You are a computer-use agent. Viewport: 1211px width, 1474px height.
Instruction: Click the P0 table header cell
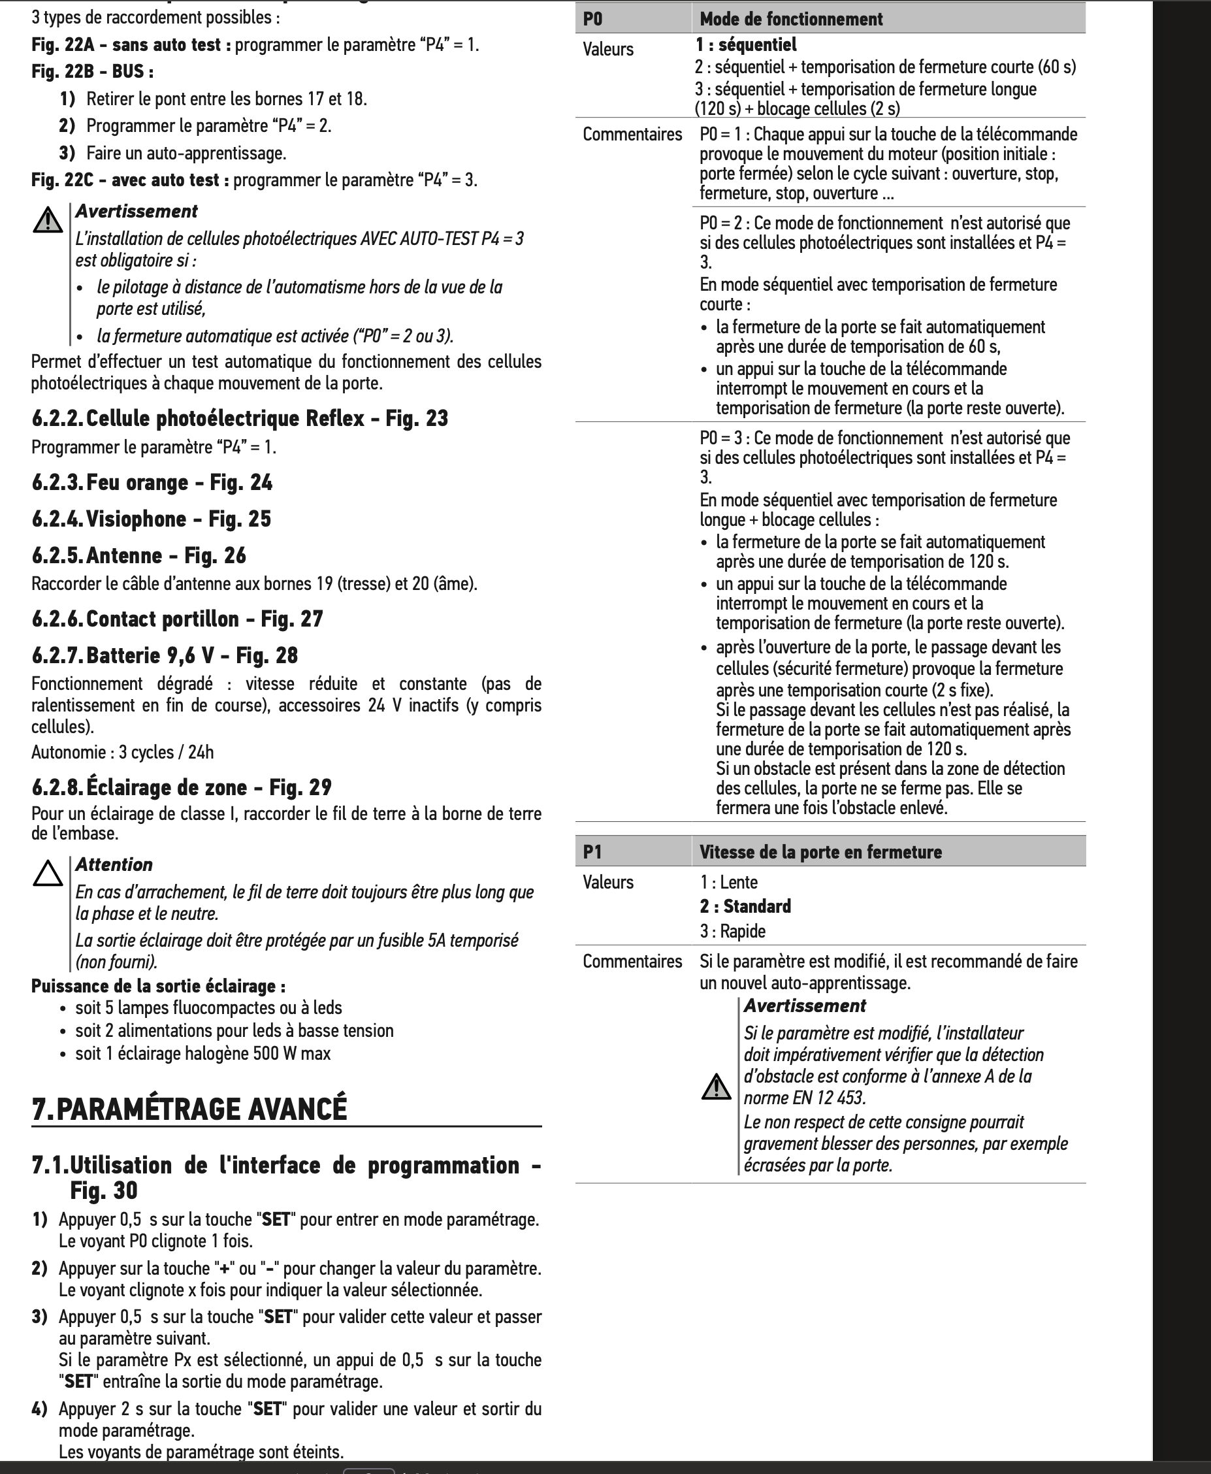[593, 19]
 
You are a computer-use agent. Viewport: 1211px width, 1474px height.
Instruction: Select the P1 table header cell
[593, 852]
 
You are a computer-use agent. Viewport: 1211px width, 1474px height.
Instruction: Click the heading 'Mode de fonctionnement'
[791, 19]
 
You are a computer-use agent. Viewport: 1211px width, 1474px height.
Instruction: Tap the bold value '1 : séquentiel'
[746, 44]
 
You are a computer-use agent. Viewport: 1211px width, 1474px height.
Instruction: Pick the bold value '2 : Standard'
[746, 906]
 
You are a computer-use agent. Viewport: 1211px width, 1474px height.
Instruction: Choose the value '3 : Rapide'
[733, 931]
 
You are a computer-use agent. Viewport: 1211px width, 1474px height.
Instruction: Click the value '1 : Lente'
[729, 883]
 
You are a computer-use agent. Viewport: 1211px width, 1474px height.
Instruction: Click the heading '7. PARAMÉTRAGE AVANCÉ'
[189, 1109]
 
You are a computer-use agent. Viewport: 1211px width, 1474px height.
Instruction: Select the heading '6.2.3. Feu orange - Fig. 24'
[152, 482]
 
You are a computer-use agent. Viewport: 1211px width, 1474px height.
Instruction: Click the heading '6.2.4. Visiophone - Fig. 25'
[152, 519]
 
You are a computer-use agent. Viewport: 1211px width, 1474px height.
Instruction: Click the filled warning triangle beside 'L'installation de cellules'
[48, 220]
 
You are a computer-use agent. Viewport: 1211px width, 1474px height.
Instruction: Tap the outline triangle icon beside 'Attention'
[48, 874]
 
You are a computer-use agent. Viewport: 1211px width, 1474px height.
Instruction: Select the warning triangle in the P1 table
[716, 1087]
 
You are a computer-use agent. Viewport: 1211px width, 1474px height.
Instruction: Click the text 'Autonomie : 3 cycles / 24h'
[123, 752]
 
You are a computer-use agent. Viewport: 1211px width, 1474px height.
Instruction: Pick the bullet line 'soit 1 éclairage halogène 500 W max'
[202, 1053]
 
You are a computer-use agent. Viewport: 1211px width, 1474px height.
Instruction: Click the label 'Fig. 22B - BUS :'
[93, 71]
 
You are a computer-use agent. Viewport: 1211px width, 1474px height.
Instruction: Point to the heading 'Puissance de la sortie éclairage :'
[158, 986]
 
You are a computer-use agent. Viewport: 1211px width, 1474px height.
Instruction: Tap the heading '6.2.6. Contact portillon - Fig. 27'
[177, 619]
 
